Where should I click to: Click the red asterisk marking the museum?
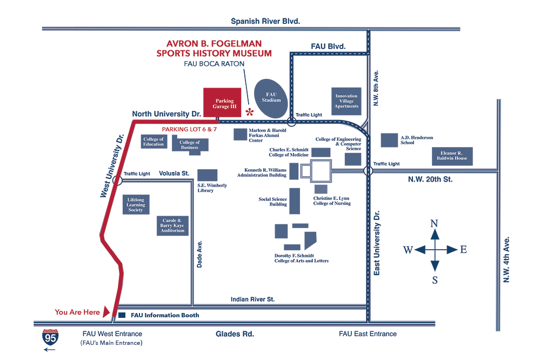pyautogui.click(x=250, y=112)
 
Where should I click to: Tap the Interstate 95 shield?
pyautogui.click(x=51, y=338)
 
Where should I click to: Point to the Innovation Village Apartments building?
pyautogui.click(x=346, y=101)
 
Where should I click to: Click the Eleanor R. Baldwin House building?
pyautogui.click(x=453, y=156)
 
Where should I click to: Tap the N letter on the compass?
pyautogui.click(x=434, y=223)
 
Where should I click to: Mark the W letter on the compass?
pyautogui.click(x=408, y=250)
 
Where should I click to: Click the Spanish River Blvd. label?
pyautogui.click(x=265, y=21)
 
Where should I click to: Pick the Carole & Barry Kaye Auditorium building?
pyautogui.click(x=173, y=225)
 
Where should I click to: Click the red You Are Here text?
pyautogui.click(x=77, y=312)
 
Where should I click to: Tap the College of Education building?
pyautogui.click(x=154, y=142)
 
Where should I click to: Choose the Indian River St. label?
pyautogui.click(x=252, y=299)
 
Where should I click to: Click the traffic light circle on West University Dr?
pyautogui.click(x=117, y=179)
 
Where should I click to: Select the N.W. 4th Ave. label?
pyautogui.click(x=506, y=259)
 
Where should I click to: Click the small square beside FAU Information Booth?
pyautogui.click(x=122, y=315)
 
